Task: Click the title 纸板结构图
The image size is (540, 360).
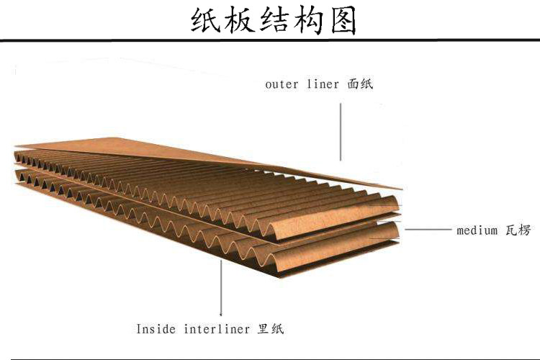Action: pos(273,21)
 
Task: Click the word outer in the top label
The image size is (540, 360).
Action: pos(282,84)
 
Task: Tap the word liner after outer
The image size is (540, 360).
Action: pos(323,84)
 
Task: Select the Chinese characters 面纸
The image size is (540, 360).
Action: pos(360,84)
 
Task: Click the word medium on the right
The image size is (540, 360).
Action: pos(477,230)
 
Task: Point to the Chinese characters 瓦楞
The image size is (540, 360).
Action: pos(518,230)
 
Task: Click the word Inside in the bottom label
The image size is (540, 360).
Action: pos(156,328)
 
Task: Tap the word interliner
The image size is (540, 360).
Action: pos(217,329)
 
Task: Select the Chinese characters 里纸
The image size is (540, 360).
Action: pos(271,328)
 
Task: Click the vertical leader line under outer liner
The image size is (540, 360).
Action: pos(341,132)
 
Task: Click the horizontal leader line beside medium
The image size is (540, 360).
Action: pos(428,229)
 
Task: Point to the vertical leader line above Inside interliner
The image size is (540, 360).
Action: pos(221,288)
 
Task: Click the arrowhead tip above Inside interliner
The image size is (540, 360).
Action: pos(221,315)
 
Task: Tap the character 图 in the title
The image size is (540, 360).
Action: pos(343,21)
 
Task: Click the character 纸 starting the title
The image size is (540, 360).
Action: pos(205,21)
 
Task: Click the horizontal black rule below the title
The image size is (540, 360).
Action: pos(270,40)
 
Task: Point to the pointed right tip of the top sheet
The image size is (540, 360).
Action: pos(402,189)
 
